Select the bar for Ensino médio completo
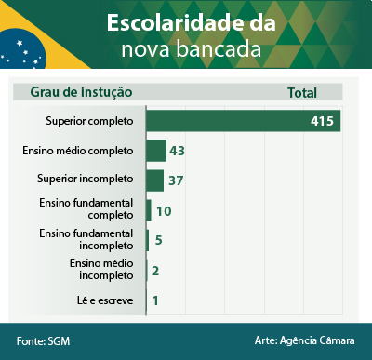click(x=155, y=151)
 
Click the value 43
click(x=178, y=151)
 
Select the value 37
click(x=176, y=180)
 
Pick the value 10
click(x=163, y=211)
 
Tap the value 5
click(x=159, y=241)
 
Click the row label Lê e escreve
click(x=104, y=300)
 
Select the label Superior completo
click(x=90, y=121)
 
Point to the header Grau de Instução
click(x=81, y=92)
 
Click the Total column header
click(x=302, y=92)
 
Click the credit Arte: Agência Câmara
click(x=304, y=341)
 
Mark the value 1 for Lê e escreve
click(x=154, y=300)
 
